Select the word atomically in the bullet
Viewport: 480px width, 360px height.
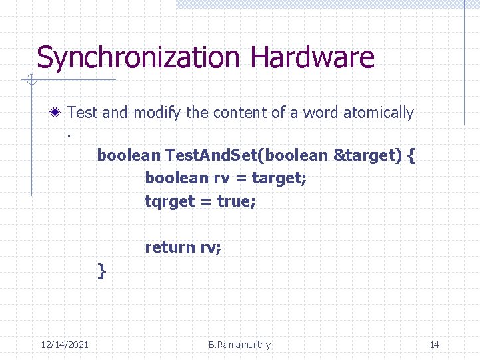tap(378, 113)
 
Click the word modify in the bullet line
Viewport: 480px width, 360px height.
tap(157, 113)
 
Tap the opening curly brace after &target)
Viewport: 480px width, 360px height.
tap(411, 155)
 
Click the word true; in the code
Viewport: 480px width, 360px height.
tap(237, 201)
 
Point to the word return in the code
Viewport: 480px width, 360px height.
tap(170, 247)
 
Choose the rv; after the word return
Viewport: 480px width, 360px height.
tap(211, 248)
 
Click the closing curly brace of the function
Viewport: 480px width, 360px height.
tap(101, 271)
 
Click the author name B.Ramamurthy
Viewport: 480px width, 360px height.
tap(239, 345)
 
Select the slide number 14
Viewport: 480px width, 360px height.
tap(434, 345)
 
